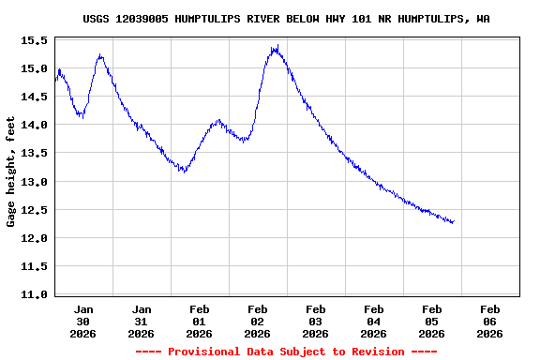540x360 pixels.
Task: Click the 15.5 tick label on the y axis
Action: tap(34, 41)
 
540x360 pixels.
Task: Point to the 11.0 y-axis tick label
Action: tap(34, 294)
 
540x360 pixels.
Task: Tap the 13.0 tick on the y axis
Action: tap(34, 182)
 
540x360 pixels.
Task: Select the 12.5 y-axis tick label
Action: tap(34, 210)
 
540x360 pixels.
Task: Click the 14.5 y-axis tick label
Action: tap(34, 97)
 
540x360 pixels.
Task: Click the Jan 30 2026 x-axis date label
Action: tap(83, 321)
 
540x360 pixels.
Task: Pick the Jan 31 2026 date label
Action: tap(142, 321)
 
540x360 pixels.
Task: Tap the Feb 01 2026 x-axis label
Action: tap(200, 321)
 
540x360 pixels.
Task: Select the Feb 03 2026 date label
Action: tap(316, 321)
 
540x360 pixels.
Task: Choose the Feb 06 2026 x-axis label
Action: tap(489, 321)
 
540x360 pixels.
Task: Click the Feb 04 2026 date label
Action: tap(374, 321)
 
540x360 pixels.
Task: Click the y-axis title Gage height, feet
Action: tap(11, 172)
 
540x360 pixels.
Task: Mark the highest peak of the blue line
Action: tap(277, 46)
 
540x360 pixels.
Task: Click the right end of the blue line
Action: tap(454, 222)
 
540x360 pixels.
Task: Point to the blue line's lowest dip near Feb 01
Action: tap(183, 172)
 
